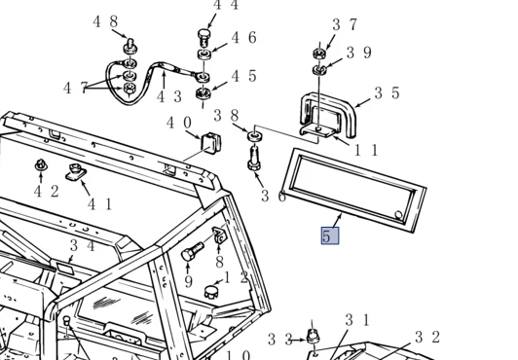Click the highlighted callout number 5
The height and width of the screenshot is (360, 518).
pos(330,235)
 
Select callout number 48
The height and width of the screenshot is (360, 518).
pos(105,21)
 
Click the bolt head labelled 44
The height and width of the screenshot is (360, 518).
pos(203,34)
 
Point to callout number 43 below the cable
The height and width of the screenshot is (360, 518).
pos(169,96)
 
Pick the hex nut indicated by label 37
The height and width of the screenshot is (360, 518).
pos(319,54)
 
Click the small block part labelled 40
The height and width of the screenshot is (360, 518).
pos(210,143)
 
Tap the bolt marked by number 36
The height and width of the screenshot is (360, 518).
pos(254,159)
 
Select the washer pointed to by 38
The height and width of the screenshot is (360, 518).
pos(255,136)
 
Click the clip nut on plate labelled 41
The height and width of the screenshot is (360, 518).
pos(76,172)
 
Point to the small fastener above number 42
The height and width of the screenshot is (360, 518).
pos(41,165)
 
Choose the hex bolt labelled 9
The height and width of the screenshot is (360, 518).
pos(192,251)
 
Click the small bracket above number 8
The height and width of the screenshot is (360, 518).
pos(219,234)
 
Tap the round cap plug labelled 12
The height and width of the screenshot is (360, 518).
pos(210,292)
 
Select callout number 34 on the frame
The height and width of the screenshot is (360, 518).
pos(83,246)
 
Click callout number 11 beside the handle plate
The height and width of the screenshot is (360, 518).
pos(366,150)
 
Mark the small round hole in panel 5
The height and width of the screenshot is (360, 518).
pos(399,215)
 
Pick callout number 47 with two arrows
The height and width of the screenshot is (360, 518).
pos(75,88)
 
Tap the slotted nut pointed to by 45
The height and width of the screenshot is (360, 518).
pos(203,93)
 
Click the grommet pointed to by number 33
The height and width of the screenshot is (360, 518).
pos(313,336)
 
